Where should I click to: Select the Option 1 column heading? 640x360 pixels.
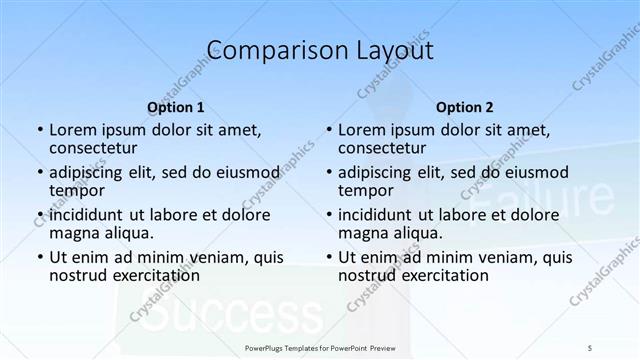pos(176,107)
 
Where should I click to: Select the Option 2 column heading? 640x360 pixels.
pos(465,107)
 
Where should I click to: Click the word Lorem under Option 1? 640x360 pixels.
pos(71,129)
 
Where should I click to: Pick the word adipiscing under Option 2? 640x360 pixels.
pos(377,171)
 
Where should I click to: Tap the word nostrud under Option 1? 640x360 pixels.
pos(78,275)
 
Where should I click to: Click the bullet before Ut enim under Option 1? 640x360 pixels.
pos(39,257)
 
